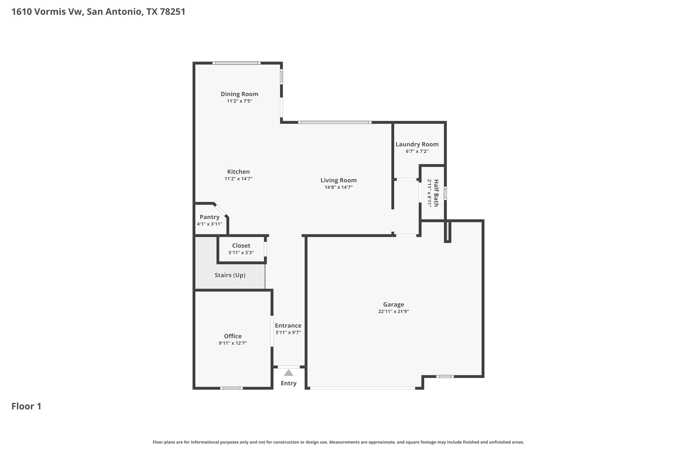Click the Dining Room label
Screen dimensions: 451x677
pyautogui.click(x=239, y=94)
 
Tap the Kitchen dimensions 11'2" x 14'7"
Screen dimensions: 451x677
pyautogui.click(x=238, y=179)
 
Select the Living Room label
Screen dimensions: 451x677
pyautogui.click(x=338, y=180)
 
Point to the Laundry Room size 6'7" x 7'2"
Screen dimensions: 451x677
pyautogui.click(x=417, y=151)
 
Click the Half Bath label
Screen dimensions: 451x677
pyautogui.click(x=436, y=193)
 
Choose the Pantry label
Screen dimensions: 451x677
pyautogui.click(x=210, y=217)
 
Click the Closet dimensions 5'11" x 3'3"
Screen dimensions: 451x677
pyautogui.click(x=241, y=253)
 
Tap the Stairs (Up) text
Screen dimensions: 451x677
pyautogui.click(x=230, y=275)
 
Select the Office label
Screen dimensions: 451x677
pyautogui.click(x=233, y=336)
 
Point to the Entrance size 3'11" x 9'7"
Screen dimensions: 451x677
pyautogui.click(x=288, y=333)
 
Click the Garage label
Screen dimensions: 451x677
pyautogui.click(x=393, y=305)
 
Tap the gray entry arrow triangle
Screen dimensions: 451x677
pyautogui.click(x=289, y=373)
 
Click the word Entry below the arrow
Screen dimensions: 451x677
pyautogui.click(x=289, y=383)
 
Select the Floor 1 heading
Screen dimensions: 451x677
pyautogui.click(x=26, y=406)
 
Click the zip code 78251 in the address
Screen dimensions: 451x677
pyautogui.click(x=172, y=12)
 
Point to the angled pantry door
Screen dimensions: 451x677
pyautogui.click(x=221, y=210)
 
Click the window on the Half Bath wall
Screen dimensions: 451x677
pyautogui.click(x=445, y=193)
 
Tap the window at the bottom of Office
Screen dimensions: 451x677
pyautogui.click(x=231, y=388)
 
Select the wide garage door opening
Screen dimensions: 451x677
pyautogui.click(x=362, y=388)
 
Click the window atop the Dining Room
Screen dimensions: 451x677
pyautogui.click(x=236, y=63)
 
